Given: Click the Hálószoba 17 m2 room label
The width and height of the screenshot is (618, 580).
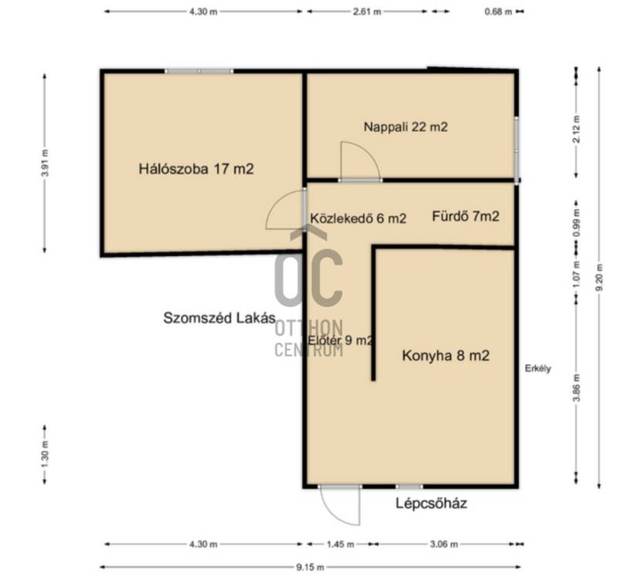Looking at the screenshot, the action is click(x=196, y=169).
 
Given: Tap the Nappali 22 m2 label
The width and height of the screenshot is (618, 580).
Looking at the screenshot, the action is click(x=406, y=126).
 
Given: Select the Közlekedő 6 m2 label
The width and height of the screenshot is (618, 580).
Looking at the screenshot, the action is click(x=358, y=218).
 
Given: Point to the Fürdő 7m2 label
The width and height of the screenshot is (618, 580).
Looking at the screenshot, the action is click(x=466, y=216).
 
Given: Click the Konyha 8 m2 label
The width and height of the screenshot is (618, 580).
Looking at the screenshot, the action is click(x=446, y=356).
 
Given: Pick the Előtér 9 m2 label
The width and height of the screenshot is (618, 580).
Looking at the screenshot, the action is click(x=340, y=340).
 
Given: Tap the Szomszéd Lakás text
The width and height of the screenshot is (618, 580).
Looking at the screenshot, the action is click(x=219, y=318).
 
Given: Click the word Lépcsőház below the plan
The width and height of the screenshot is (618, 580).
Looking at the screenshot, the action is click(x=431, y=503).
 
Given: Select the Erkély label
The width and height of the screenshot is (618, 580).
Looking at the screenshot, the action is click(x=538, y=369).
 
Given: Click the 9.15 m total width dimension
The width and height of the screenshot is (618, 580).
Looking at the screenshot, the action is click(x=310, y=567).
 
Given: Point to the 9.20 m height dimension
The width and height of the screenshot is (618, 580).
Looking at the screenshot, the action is click(x=599, y=277).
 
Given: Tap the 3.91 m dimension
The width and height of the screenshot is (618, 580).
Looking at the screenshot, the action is click(x=45, y=163).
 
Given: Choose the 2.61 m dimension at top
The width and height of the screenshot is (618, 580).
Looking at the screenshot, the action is click(x=366, y=12).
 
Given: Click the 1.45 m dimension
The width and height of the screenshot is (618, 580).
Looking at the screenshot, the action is click(x=341, y=545).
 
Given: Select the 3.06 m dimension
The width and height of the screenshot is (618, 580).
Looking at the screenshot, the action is click(x=443, y=545).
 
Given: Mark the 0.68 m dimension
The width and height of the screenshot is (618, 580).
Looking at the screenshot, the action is click(x=498, y=12).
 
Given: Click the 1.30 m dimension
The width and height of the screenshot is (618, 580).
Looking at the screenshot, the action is click(x=45, y=455).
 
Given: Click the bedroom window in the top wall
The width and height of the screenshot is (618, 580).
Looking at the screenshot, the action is click(x=199, y=71).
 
